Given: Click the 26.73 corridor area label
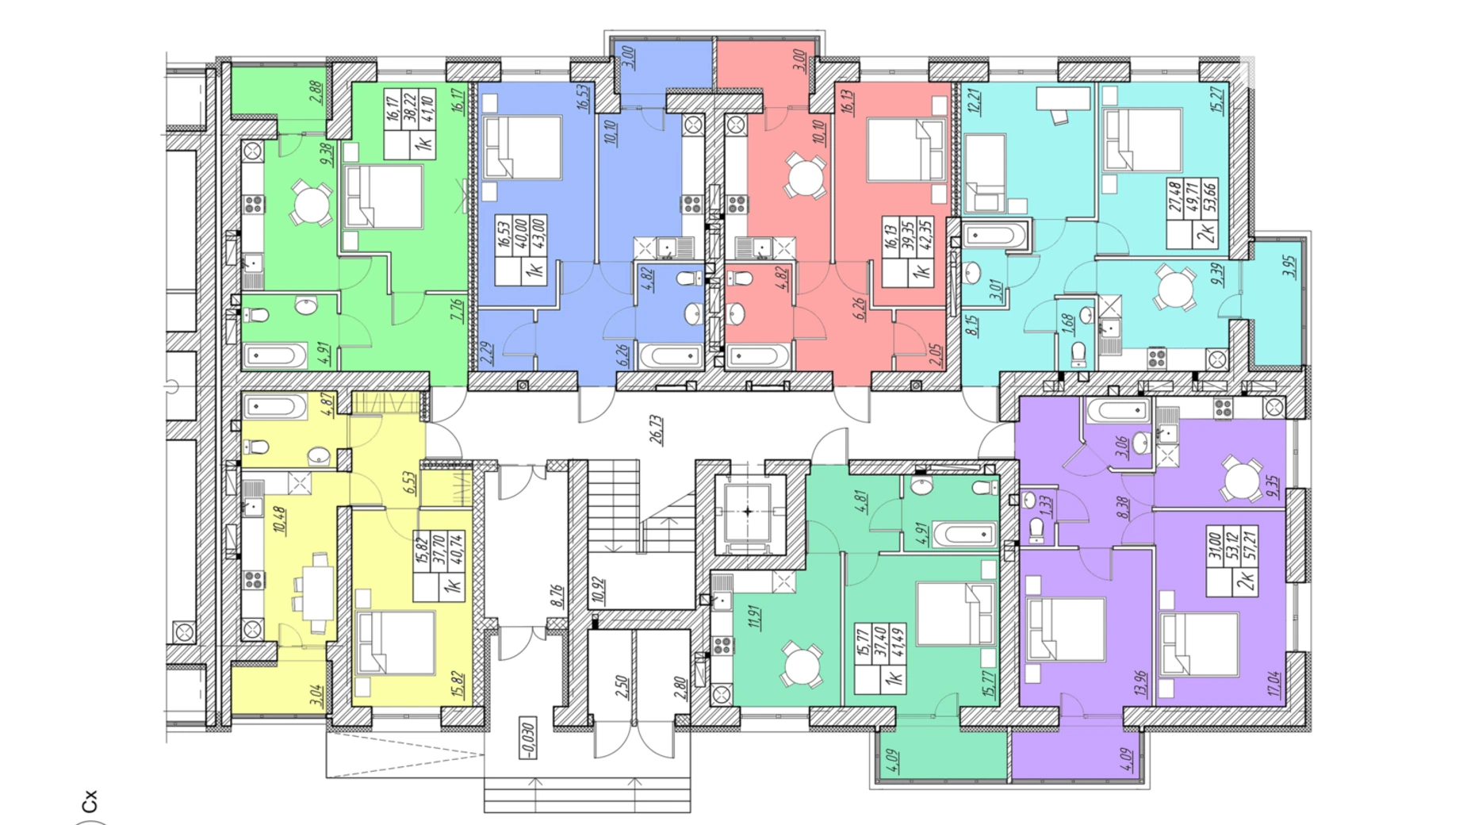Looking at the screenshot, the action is (x=656, y=429).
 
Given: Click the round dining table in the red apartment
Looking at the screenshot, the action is (x=805, y=176).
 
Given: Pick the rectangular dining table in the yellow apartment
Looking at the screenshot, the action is (x=319, y=593).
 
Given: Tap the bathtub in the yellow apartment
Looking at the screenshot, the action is (x=274, y=408).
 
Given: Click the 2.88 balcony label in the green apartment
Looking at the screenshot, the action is (x=316, y=93).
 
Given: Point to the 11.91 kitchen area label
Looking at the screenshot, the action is (x=754, y=616).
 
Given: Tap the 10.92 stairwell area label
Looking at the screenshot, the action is (x=598, y=592).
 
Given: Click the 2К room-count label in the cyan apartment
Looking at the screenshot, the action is (x=1206, y=235).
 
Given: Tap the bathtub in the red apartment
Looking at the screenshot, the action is (x=758, y=357).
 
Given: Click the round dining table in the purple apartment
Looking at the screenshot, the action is (x=1242, y=479).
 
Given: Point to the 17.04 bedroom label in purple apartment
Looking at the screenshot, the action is (x=1274, y=683).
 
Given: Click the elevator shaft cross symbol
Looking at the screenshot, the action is (x=747, y=512).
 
